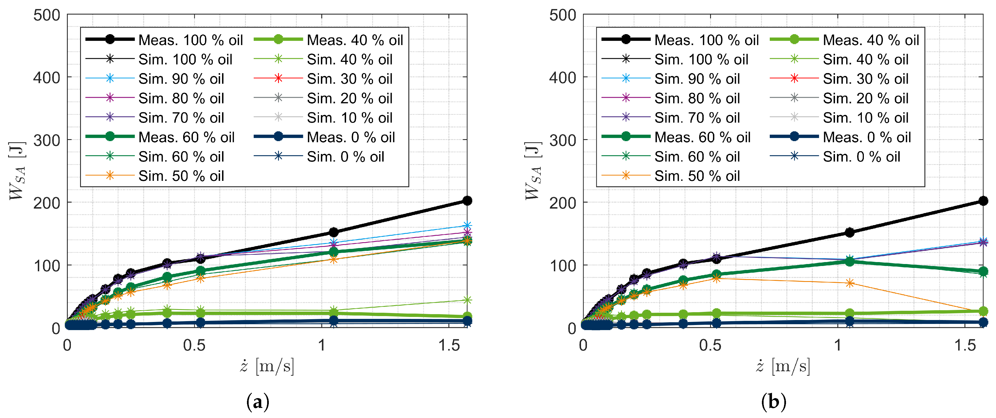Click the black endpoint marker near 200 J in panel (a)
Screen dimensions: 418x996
467,200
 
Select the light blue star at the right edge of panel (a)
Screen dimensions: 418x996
467,225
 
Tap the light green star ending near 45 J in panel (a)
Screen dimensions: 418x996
467,300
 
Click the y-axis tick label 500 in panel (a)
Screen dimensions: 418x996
47,15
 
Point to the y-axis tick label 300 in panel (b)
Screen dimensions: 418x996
563,140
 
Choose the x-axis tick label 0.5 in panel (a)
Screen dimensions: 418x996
194,345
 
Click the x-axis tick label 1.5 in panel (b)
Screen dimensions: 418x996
965,345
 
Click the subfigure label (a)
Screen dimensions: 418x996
258,402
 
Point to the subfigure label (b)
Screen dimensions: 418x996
773,402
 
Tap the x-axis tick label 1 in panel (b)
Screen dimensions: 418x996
838,345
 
